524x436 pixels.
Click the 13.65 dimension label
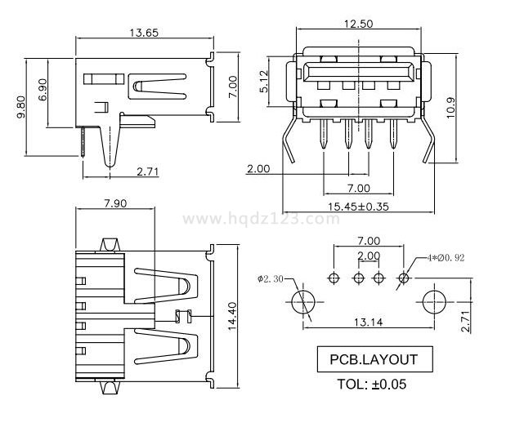[143, 33]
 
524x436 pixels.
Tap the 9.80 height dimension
[21, 106]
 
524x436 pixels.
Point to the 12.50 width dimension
[359, 24]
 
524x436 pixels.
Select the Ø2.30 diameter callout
[271, 279]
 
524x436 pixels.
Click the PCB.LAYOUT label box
[373, 359]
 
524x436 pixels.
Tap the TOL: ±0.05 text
[372, 383]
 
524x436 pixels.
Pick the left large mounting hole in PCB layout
[303, 300]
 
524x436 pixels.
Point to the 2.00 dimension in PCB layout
[368, 256]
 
